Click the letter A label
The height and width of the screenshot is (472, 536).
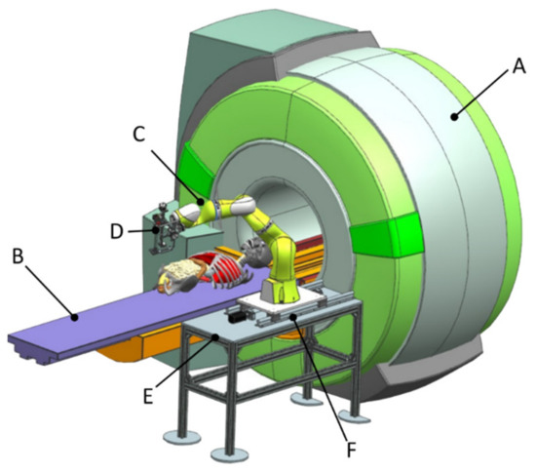(x=518, y=65)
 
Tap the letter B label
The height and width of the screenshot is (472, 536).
(x=18, y=256)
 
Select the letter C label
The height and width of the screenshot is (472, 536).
(x=139, y=134)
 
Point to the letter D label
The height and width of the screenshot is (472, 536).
(x=117, y=231)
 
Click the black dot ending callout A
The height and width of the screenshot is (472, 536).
(x=454, y=117)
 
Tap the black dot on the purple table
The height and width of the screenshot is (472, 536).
(x=74, y=318)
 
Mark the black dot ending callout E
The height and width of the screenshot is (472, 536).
(x=215, y=337)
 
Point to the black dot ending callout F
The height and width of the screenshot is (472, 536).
(x=292, y=317)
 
